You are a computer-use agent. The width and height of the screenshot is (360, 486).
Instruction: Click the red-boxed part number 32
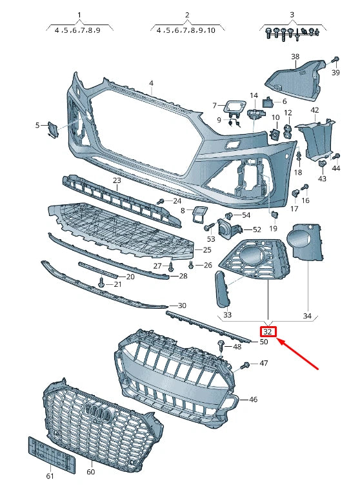click(268, 333)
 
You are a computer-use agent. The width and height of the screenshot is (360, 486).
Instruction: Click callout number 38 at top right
click(295, 57)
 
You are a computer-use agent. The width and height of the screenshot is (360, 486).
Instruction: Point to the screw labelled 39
click(335, 61)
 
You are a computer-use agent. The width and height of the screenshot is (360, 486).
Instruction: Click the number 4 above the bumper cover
click(151, 83)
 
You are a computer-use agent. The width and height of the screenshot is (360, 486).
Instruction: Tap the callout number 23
click(117, 180)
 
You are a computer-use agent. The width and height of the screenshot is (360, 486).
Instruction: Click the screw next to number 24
click(160, 202)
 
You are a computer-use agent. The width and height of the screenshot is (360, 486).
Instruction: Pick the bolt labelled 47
click(245, 366)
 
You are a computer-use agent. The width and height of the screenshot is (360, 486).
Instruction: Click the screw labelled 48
click(221, 344)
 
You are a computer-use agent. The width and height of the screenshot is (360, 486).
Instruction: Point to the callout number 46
click(253, 400)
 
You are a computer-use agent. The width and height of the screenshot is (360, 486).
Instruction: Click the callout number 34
click(307, 316)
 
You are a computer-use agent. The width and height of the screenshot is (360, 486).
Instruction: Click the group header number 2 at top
click(187, 14)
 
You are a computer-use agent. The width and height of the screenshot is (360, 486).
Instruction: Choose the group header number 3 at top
click(292, 14)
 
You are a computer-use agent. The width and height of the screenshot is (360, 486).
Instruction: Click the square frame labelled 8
click(199, 213)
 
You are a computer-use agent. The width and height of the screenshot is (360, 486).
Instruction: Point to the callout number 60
click(90, 472)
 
